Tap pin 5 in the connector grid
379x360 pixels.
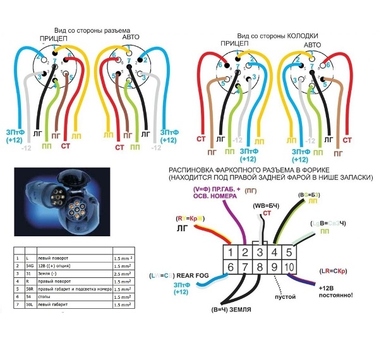click(288, 252)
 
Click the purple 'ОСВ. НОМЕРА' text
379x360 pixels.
click(214, 196)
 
